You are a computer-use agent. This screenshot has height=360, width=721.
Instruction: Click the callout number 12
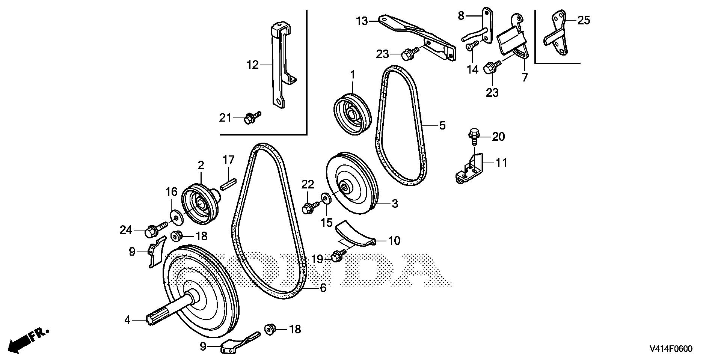pos(253,65)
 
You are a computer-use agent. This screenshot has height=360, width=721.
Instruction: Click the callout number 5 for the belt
pos(442,125)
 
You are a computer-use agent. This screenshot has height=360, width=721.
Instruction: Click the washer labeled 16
pos(175,216)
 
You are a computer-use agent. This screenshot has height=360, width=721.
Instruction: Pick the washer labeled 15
pos(325,198)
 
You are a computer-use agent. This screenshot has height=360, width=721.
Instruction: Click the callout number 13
pos(362,21)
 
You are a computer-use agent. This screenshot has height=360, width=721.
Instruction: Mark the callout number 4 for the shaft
pos(127,320)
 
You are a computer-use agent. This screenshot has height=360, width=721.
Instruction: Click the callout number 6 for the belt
pos(323,288)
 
